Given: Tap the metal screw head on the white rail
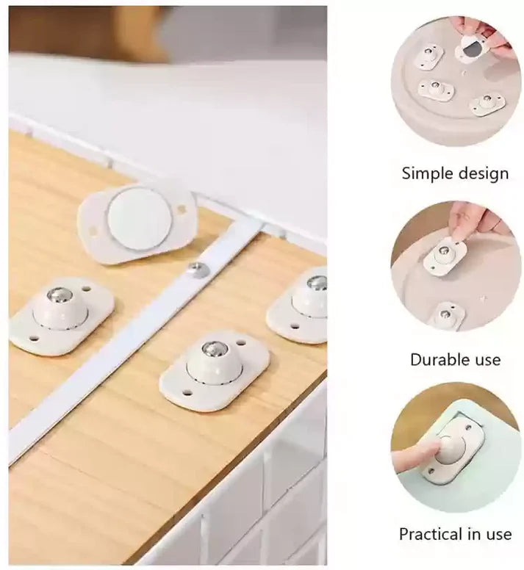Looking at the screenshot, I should click(198, 270).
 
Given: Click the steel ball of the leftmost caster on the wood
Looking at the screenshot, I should click(60, 296).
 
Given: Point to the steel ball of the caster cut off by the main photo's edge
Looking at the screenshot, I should click(317, 283).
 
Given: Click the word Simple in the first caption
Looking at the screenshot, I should click(428, 174).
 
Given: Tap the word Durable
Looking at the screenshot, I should click(437, 360).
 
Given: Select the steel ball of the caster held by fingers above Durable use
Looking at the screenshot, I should click(444, 252).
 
